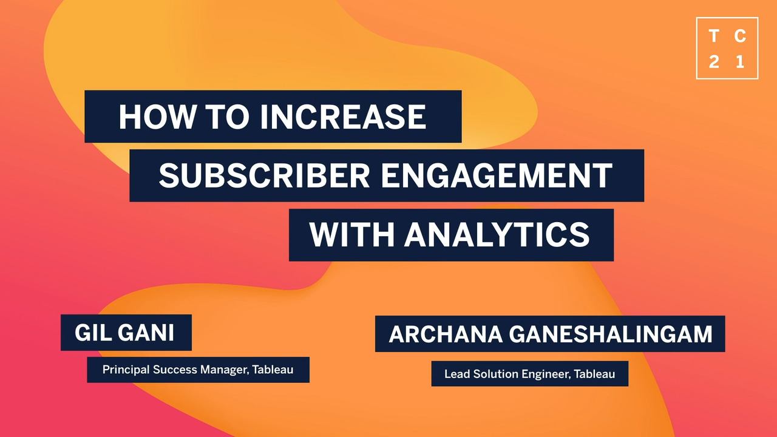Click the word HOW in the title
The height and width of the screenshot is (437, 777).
coord(157,117)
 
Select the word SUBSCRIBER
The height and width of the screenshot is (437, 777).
coord(264,175)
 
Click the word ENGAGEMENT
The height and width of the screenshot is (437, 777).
coord(497,175)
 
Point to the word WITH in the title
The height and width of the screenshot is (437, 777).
coord(351,235)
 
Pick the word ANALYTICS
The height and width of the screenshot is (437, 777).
coord(497,235)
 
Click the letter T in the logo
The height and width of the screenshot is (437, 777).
coord(713,36)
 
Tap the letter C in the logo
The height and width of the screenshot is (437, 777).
coord(740,36)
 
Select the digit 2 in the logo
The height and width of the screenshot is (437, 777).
coord(713,62)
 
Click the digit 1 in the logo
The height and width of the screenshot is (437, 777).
coord(740,62)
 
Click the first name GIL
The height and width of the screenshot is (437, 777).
coord(93,333)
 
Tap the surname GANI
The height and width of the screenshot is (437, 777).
coord(146,333)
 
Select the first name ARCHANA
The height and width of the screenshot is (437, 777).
coord(446,334)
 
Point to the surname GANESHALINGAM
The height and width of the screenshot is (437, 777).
coord(611,334)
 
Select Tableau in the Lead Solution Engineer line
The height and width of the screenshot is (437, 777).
coord(594,374)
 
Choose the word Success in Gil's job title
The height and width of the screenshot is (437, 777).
coord(175,370)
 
